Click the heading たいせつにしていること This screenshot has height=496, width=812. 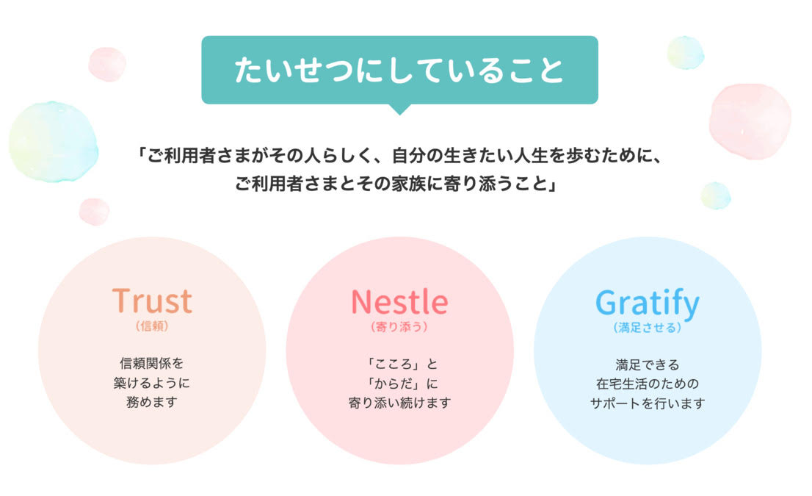(x=399, y=70)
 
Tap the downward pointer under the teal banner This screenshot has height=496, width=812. (x=399, y=109)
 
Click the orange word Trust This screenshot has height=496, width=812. (x=152, y=301)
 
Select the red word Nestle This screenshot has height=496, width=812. (x=399, y=302)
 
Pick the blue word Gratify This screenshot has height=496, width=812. (x=648, y=304)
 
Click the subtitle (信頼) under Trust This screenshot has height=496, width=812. (x=152, y=326)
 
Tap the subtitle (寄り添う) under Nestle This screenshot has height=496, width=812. (x=399, y=327)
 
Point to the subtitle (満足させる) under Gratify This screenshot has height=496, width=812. (x=648, y=328)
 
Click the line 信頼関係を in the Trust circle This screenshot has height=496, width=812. (x=152, y=363)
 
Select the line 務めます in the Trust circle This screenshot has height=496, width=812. (x=152, y=402)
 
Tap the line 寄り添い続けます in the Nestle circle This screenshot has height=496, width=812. (x=399, y=403)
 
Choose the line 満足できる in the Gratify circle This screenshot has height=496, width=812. (x=648, y=364)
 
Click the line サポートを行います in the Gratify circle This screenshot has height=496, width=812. (x=648, y=403)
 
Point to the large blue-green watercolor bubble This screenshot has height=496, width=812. (x=54, y=142)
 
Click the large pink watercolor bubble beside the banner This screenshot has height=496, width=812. (x=750, y=121)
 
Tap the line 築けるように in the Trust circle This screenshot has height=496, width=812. (x=152, y=383)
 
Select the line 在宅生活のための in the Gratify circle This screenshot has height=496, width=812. (x=648, y=384)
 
